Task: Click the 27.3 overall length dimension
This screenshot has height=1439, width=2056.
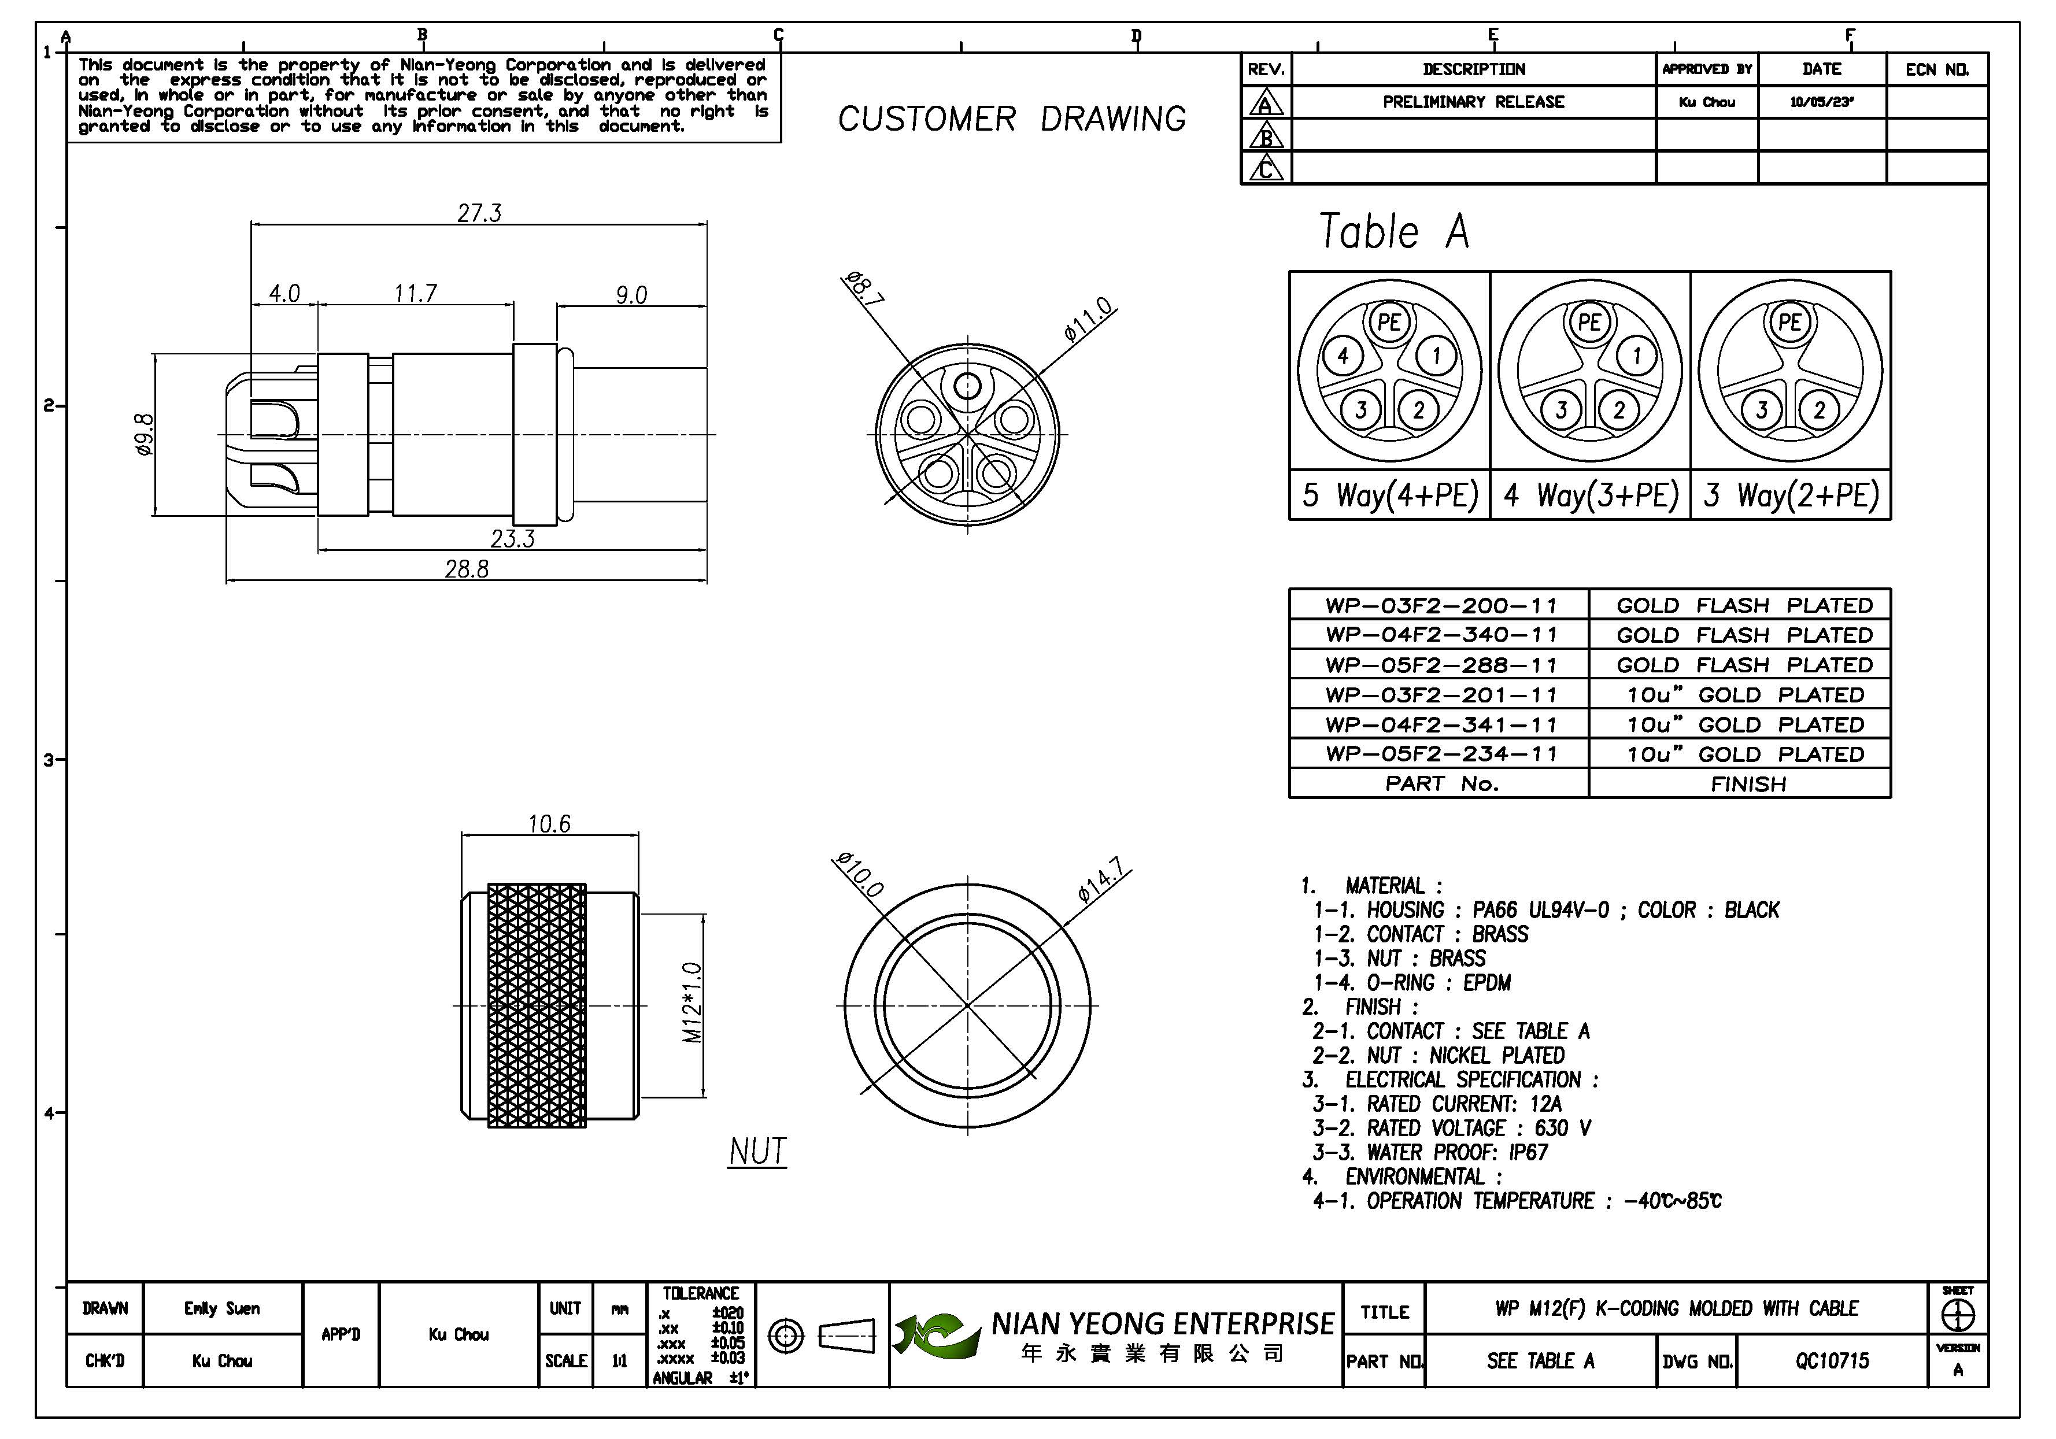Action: (479, 213)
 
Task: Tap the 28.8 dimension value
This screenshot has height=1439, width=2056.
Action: (467, 569)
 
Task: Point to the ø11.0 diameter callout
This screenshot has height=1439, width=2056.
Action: (1088, 319)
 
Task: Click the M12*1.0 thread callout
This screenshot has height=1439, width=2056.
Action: (692, 1003)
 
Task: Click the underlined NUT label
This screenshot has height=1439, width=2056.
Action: (757, 1152)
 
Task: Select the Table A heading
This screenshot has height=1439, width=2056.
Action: (1394, 232)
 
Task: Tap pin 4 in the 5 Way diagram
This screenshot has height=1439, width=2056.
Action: (1343, 356)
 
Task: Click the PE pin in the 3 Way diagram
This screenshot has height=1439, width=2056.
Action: (1789, 323)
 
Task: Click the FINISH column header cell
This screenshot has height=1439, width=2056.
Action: (1748, 785)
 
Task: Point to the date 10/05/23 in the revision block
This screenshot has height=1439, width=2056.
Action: (1821, 102)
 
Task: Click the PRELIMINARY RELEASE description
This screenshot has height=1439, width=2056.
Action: (1473, 102)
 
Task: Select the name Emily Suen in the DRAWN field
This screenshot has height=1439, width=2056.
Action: (222, 1308)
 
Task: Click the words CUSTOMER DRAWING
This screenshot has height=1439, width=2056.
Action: (1012, 119)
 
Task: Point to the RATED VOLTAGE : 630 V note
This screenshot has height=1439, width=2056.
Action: (1452, 1129)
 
